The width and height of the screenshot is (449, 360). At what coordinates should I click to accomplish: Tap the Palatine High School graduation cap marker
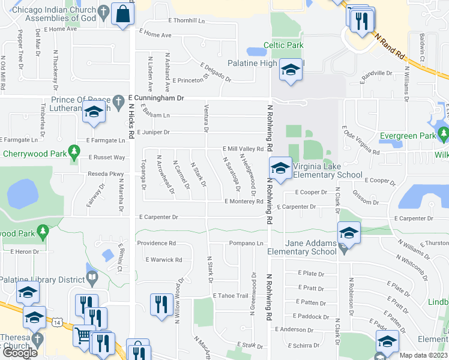(x=291, y=71)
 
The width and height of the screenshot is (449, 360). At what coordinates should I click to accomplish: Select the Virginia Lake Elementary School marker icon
(x=280, y=167)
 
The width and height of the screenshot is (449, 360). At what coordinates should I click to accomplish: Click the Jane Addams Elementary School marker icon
(x=349, y=233)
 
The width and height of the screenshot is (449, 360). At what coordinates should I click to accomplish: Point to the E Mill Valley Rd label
(x=243, y=149)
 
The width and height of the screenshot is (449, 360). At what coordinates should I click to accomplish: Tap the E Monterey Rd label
(x=244, y=202)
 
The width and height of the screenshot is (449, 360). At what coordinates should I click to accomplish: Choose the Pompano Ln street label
(x=246, y=243)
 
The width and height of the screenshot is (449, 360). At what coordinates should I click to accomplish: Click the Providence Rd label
(x=156, y=243)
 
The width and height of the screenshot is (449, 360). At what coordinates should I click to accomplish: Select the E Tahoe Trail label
(x=230, y=296)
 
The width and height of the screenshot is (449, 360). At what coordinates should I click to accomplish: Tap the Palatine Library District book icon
(x=92, y=278)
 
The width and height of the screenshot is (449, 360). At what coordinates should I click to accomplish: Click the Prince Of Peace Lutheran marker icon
(x=94, y=112)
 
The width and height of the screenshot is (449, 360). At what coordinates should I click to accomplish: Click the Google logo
(x=19, y=352)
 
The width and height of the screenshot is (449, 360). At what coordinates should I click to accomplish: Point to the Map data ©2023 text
(x=423, y=355)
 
